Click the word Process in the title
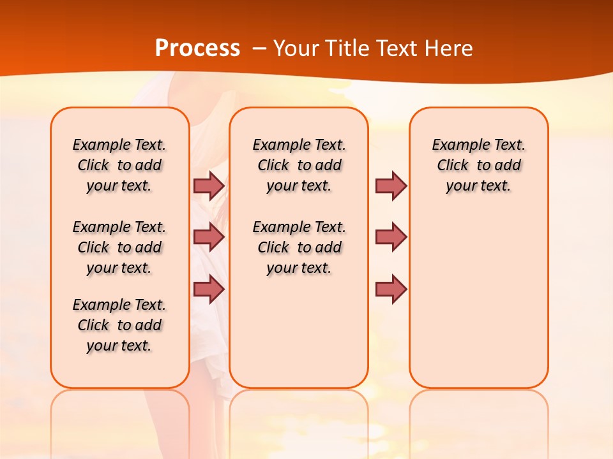pyautogui.click(x=197, y=48)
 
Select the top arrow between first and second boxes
pyautogui.click(x=209, y=186)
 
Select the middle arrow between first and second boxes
pyautogui.click(x=209, y=237)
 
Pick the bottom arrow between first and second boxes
pyautogui.click(x=209, y=289)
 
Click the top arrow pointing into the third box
pyautogui.click(x=391, y=186)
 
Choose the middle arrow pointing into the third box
pyautogui.click(x=391, y=237)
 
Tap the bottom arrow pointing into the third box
pyautogui.click(x=391, y=289)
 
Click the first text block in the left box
pyautogui.click(x=119, y=165)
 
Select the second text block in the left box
pyautogui.click(x=119, y=247)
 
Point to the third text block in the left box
pyautogui.click(x=119, y=325)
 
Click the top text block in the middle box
pyautogui.click(x=299, y=165)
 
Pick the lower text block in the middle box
pyautogui.click(x=299, y=247)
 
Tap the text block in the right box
pyautogui.click(x=478, y=165)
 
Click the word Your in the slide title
pyautogui.click(x=297, y=48)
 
